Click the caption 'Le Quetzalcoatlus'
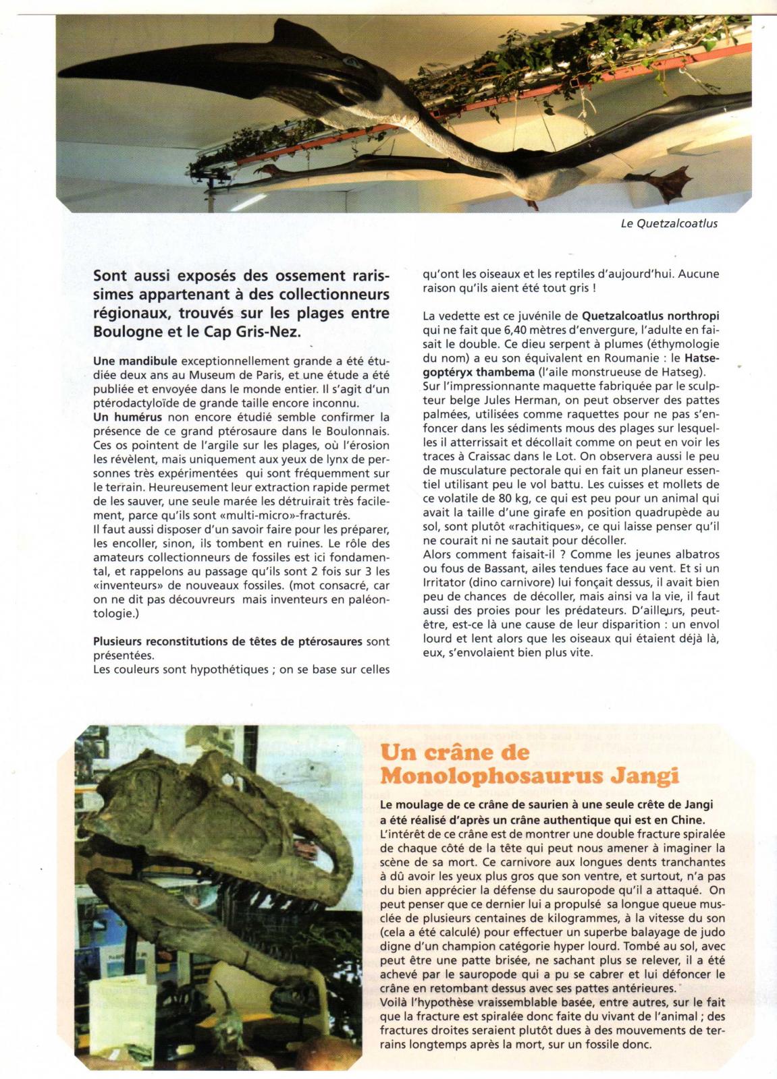point(669,223)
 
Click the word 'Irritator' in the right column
point(444,582)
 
